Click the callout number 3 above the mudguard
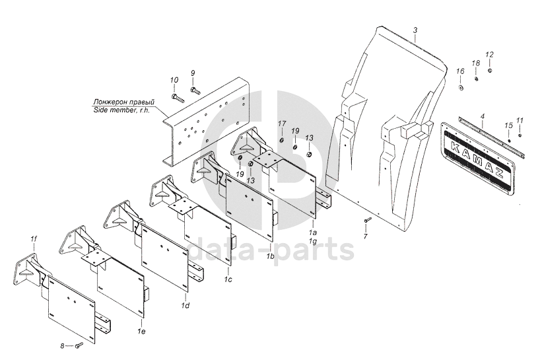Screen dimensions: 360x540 pyautogui.click(x=415, y=30)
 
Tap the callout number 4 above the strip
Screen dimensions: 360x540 pyautogui.click(x=483, y=116)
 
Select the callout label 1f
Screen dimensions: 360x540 pyautogui.click(x=34, y=238)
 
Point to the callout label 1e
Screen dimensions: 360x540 pyautogui.click(x=141, y=328)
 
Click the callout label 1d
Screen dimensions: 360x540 pyautogui.click(x=186, y=305)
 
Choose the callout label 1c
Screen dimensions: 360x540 pyautogui.click(x=228, y=280)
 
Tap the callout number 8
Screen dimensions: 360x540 pyautogui.click(x=63, y=345)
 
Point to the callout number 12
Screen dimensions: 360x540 pyautogui.click(x=489, y=54)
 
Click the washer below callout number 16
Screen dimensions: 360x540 pyautogui.click(x=460, y=86)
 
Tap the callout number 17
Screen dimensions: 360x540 pyautogui.click(x=281, y=124)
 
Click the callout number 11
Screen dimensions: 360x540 pyautogui.click(x=520, y=120)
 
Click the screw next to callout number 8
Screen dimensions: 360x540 pyautogui.click(x=78, y=345)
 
